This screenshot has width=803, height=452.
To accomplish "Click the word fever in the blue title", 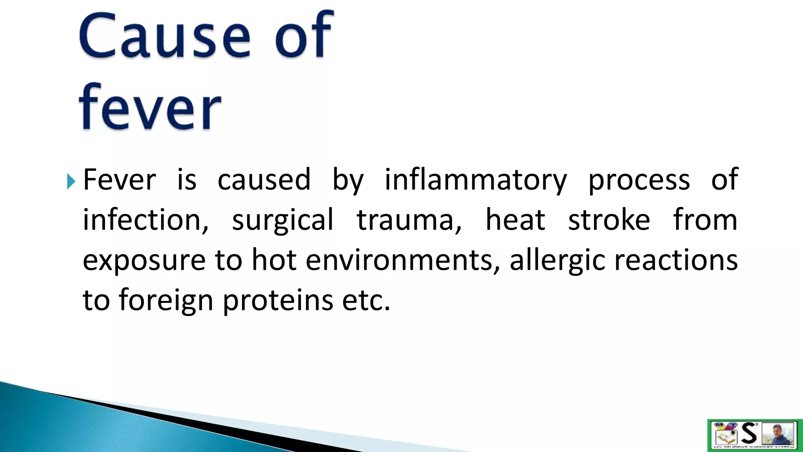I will (x=150, y=107).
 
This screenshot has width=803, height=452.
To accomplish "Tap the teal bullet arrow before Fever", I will (x=71, y=181).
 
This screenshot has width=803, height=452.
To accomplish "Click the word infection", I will (x=145, y=220).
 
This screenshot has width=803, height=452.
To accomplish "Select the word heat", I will (x=515, y=220).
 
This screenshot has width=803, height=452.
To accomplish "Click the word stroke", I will (x=609, y=220).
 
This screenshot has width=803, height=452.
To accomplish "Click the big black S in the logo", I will (x=748, y=433).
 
